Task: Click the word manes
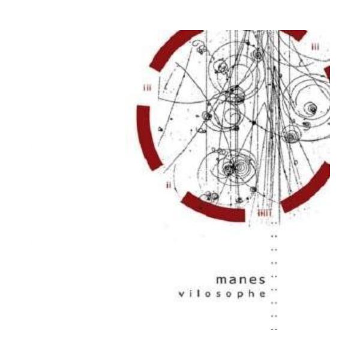[241, 281]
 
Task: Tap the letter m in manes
[221, 281]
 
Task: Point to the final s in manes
[262, 281]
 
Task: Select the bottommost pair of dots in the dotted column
[274, 329]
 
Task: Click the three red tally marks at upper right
[316, 46]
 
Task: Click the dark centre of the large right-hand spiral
[311, 109]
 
